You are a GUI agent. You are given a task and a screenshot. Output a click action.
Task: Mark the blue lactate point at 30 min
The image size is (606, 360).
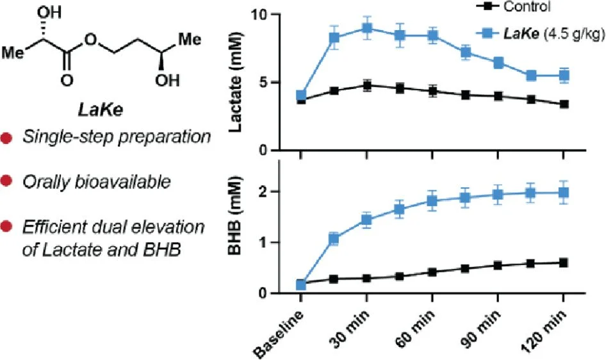(x=367, y=28)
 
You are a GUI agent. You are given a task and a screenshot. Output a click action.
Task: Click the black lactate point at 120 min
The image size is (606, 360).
(x=563, y=104)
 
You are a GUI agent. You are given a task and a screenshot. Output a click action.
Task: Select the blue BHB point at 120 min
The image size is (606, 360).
(x=563, y=192)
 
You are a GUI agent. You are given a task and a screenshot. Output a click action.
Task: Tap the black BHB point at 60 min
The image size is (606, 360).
(x=432, y=272)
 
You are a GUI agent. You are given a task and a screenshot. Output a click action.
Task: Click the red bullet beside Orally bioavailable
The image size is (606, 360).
(x=7, y=182)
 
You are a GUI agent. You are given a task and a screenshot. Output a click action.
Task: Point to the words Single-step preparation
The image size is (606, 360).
(x=117, y=137)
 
